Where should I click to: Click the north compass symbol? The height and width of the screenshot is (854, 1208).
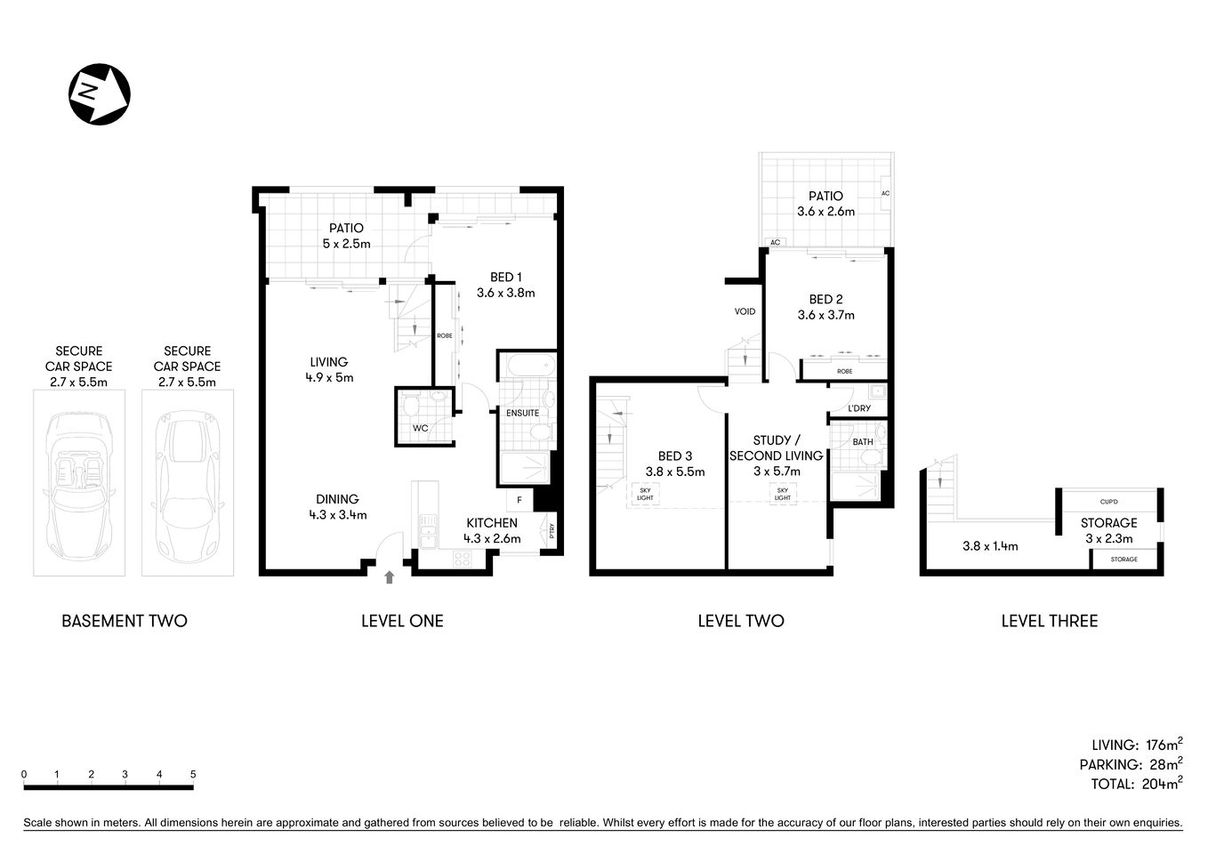click(x=100, y=93)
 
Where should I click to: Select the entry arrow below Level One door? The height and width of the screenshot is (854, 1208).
click(x=389, y=578)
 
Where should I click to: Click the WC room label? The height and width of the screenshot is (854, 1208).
click(x=420, y=428)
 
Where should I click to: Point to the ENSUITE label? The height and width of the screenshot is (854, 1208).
click(x=522, y=413)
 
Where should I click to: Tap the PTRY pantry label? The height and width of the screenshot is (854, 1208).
click(x=552, y=531)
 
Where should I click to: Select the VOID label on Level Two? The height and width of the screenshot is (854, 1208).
click(x=745, y=311)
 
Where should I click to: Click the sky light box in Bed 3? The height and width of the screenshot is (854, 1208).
click(x=645, y=494)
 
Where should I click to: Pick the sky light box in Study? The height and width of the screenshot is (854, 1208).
click(x=782, y=494)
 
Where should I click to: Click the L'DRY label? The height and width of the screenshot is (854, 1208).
click(x=859, y=408)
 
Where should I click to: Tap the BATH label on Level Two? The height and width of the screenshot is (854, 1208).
click(x=862, y=442)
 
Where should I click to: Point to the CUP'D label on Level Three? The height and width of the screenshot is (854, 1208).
click(x=1108, y=502)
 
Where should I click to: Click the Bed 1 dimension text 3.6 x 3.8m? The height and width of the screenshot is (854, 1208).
click(x=505, y=293)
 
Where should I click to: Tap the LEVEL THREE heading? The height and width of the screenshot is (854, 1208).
click(x=1049, y=621)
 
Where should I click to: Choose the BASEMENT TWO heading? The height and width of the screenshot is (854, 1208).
click(x=125, y=621)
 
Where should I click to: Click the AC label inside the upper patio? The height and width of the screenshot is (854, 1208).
click(x=884, y=193)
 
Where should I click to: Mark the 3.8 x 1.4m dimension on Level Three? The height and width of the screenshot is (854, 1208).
click(x=990, y=546)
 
